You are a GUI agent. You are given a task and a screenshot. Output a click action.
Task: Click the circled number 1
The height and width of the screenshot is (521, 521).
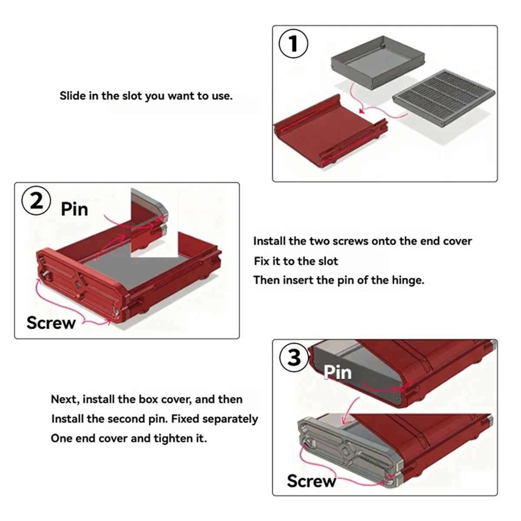tap(293, 43)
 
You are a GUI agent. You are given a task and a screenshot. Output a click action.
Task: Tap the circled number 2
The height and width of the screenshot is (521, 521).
tap(36, 201)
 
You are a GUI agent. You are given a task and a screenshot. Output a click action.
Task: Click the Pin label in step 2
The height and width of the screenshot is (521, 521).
tap(75, 209)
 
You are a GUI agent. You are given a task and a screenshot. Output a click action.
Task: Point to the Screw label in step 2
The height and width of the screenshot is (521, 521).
tap(51, 323)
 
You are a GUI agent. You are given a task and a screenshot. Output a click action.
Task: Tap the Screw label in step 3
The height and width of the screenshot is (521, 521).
tap(311, 481)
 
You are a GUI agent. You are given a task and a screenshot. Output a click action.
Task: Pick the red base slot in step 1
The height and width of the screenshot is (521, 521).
tap(331, 131)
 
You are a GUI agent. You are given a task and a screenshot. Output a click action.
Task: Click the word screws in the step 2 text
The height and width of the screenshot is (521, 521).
tap(350, 241)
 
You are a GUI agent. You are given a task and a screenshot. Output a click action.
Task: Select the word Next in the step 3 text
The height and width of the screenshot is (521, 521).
tap(65, 399)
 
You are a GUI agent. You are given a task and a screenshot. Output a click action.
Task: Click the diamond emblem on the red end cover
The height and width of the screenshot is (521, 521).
tap(79, 284)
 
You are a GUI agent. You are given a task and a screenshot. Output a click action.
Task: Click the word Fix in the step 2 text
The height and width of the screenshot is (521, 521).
tap(261, 261)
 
